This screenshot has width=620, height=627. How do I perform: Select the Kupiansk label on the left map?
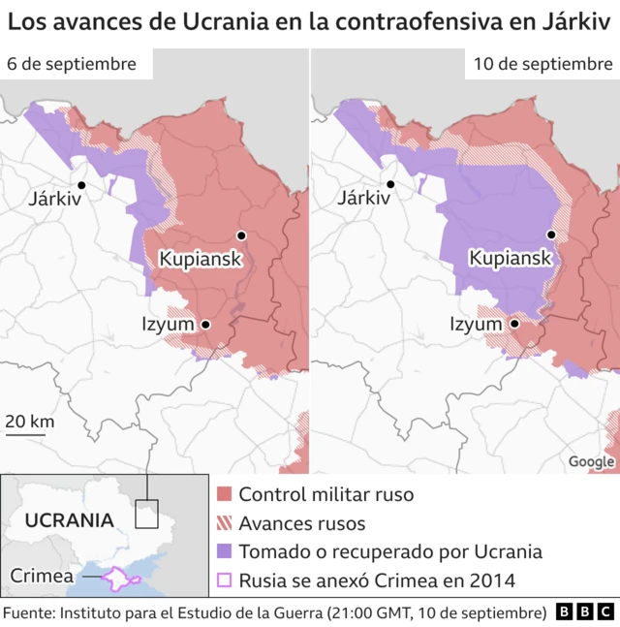pos(200,259)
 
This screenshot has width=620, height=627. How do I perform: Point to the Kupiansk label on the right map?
pos(510,259)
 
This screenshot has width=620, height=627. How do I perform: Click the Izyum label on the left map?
pos(169,325)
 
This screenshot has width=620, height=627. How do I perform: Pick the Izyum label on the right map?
pos(477,325)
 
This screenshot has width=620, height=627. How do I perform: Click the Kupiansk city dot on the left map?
pos(241,235)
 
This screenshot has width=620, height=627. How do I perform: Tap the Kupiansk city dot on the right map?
pos(551,235)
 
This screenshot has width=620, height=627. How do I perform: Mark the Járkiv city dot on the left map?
pos(81,184)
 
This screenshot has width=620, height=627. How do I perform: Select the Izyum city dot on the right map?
pos(515,325)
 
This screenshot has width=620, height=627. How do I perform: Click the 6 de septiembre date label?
pos(72,64)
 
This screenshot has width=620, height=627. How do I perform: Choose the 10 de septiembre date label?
pos(542,64)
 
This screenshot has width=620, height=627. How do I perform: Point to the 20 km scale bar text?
pos(29,422)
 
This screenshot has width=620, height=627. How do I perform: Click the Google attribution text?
pos(591,462)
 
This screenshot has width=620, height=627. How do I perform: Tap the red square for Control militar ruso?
pos(225,495)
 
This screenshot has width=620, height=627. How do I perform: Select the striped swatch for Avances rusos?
pos(225,523)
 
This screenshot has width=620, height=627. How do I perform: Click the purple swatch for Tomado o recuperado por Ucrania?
pos(225,552)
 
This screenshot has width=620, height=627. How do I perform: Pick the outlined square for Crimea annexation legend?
pos(225,580)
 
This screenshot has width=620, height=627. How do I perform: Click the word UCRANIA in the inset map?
pos(70,519)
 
